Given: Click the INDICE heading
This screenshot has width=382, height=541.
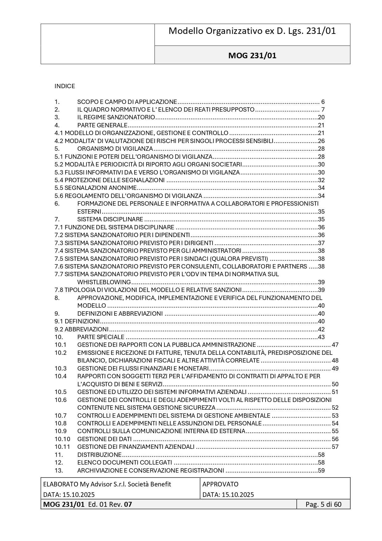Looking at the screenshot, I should [65, 86].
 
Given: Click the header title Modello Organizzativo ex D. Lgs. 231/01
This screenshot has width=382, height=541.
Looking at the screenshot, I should [252, 31].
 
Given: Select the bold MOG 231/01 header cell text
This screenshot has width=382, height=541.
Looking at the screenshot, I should [252, 55].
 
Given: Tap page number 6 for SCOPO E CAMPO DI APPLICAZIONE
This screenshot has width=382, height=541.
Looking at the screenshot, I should [323, 102].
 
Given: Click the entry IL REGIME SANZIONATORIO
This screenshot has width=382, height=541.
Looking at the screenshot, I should [116, 117].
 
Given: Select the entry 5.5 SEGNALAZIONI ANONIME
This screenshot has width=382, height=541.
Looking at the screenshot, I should [95, 188].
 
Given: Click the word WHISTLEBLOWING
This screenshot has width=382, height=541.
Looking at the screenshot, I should [104, 282].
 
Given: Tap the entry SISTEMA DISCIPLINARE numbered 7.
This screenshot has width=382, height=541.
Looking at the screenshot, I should [110, 219].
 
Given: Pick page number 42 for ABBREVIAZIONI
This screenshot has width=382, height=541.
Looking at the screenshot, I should [321, 329].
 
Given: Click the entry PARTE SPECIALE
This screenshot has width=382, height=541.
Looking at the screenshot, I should [101, 337].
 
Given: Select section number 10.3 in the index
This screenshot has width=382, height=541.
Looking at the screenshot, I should [61, 368].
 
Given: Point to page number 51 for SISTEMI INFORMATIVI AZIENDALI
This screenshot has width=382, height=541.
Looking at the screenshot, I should [335, 392].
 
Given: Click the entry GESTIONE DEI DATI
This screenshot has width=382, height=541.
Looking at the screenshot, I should [104, 439].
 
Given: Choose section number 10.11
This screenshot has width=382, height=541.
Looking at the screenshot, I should [62, 447].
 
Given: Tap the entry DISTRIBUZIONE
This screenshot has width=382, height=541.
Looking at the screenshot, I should [99, 455].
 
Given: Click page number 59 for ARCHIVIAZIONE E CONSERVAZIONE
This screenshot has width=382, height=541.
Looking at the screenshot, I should [321, 470].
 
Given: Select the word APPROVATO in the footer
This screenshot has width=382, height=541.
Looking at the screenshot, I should [220, 484].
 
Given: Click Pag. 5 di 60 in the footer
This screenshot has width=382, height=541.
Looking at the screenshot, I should [323, 504].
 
